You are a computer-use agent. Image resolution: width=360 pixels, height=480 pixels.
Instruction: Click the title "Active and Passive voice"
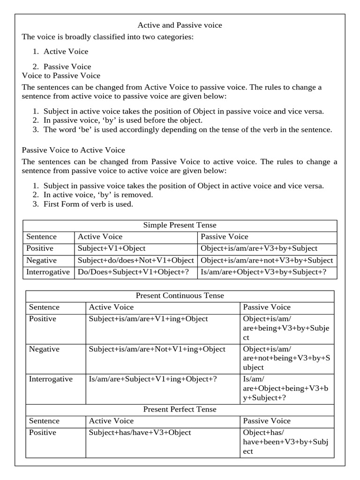click(x=180, y=25)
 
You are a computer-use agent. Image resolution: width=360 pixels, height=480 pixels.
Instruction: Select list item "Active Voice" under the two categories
click(x=66, y=52)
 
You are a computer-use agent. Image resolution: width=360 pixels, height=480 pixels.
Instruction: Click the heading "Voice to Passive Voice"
click(x=61, y=75)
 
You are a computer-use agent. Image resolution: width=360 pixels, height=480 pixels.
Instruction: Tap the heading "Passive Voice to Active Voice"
click(x=74, y=150)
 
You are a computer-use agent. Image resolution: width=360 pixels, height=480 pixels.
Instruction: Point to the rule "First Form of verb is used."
click(x=88, y=204)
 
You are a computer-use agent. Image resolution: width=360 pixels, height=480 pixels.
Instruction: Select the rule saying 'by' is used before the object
click(x=123, y=120)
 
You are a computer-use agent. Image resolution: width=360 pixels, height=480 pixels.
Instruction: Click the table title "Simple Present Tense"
click(x=180, y=225)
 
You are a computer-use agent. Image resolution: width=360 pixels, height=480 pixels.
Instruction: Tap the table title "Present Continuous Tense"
click(x=180, y=296)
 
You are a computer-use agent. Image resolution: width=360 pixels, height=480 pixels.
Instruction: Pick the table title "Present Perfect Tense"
click(x=180, y=409)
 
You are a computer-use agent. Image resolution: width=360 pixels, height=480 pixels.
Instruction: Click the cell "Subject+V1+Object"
click(x=112, y=248)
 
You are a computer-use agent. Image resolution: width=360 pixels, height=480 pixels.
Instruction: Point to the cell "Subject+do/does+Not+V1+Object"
click(x=135, y=261)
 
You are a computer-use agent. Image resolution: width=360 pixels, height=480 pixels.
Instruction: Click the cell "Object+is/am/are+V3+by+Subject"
click(x=259, y=248)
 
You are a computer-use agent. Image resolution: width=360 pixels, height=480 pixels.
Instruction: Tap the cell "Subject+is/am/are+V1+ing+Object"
click(x=148, y=319)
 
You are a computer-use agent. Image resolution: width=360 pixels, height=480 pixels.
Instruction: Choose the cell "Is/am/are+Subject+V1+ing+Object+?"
click(x=153, y=379)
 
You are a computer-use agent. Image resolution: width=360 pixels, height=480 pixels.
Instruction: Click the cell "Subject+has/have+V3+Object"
click(x=140, y=433)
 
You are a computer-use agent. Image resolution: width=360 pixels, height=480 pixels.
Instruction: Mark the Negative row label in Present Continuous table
click(x=44, y=349)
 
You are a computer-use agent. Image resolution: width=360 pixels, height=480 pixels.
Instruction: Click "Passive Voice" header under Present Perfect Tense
click(x=267, y=421)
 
